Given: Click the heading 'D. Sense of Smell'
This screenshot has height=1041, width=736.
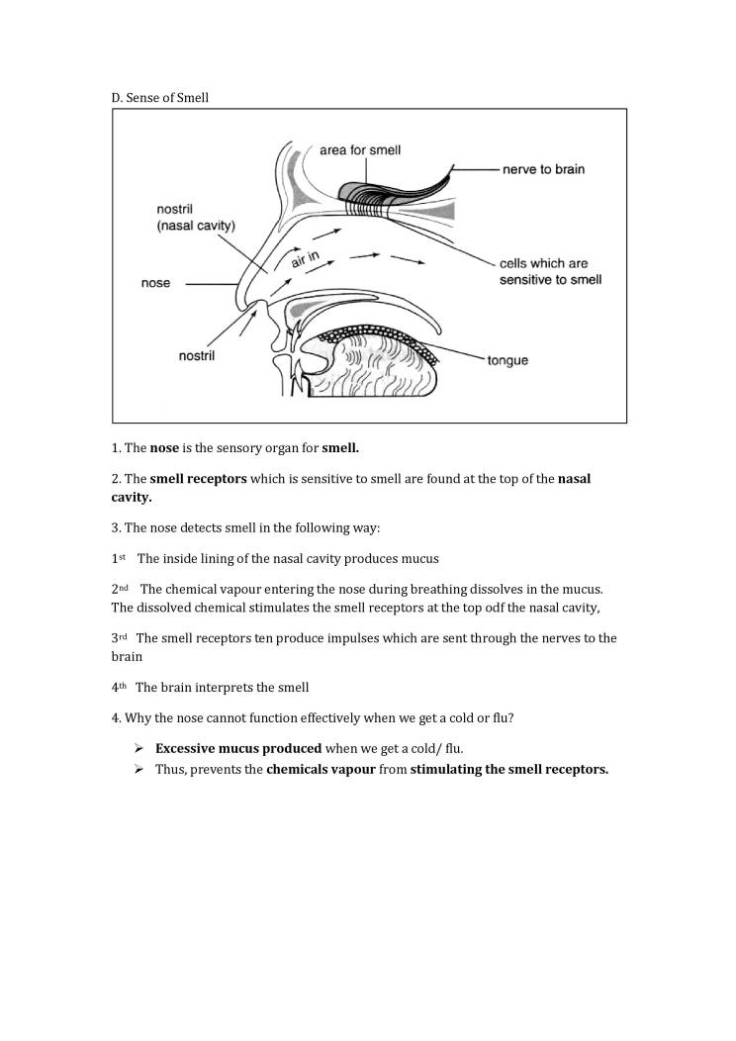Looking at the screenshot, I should click(x=159, y=98).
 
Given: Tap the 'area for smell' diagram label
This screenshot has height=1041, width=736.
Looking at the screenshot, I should click(x=360, y=150).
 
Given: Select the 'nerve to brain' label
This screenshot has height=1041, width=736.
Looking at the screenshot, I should click(x=543, y=169).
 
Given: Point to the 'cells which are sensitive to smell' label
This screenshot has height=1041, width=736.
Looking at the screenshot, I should click(x=550, y=272).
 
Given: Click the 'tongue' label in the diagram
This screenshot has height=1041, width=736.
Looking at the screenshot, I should click(x=507, y=360).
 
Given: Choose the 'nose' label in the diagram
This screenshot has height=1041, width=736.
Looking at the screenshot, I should click(x=155, y=283).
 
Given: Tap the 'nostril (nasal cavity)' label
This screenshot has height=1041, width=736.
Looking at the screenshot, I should click(x=196, y=218).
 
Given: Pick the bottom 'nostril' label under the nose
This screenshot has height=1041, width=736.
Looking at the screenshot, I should click(x=198, y=355).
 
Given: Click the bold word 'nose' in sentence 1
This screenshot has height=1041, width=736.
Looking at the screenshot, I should click(x=164, y=448).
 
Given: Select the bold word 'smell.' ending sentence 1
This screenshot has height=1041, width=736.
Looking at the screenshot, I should click(x=340, y=448).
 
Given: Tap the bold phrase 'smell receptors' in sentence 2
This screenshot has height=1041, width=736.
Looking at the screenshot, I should click(x=198, y=479).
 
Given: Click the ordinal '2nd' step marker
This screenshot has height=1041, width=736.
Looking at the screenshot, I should click(x=120, y=589).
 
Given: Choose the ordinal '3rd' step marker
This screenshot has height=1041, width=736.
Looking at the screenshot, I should click(x=120, y=638).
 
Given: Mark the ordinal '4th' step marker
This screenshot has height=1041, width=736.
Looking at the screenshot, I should click(x=120, y=687).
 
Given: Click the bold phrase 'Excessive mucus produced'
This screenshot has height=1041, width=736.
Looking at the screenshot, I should click(x=238, y=748).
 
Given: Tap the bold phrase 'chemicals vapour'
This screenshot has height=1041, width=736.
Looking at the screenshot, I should click(x=321, y=769).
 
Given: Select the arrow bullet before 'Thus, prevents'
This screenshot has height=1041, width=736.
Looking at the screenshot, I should click(x=139, y=769).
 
